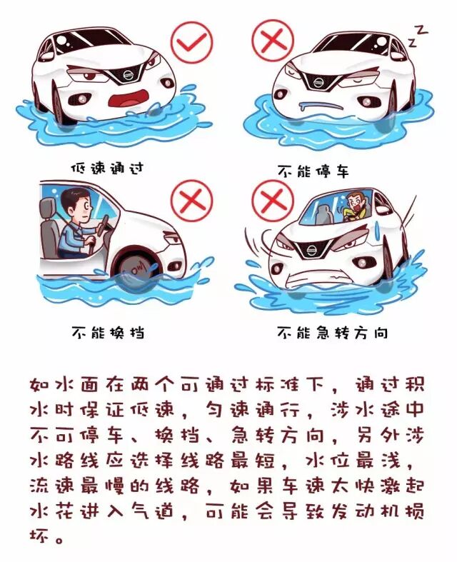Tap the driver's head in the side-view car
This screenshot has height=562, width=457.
point(74,204)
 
